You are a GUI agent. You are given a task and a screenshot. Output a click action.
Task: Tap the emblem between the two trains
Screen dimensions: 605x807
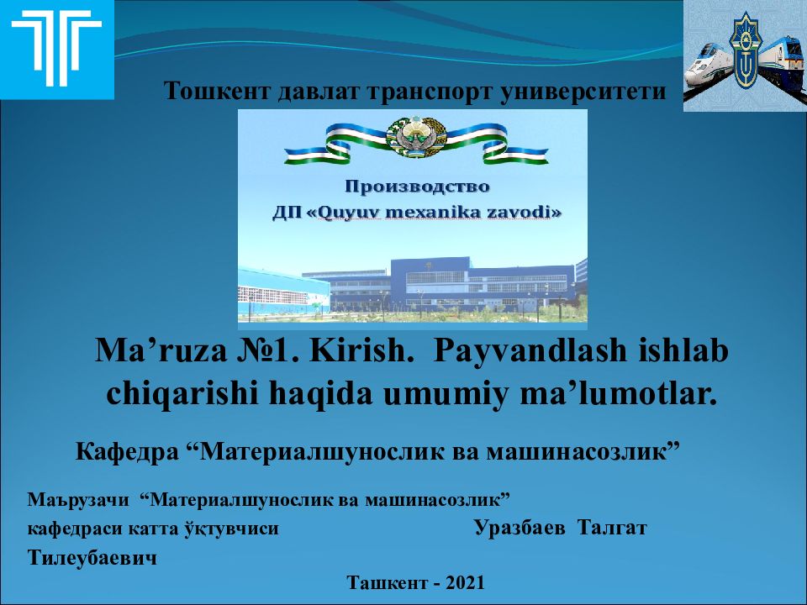743,52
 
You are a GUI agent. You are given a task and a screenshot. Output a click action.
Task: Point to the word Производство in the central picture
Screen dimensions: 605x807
417,186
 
